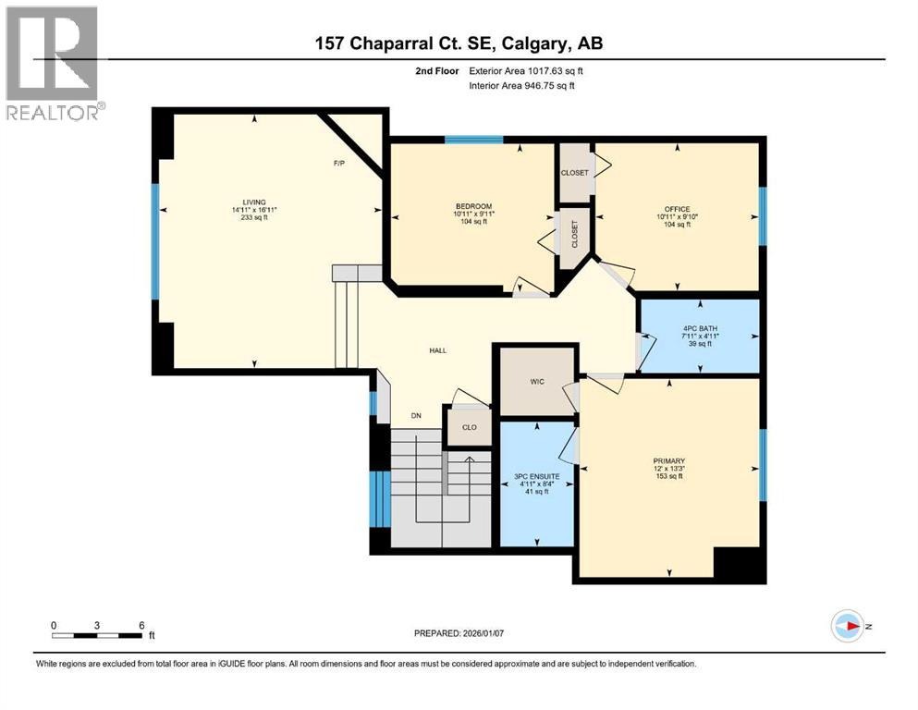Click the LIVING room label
pos(254,202)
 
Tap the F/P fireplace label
pos(339,164)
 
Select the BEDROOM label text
pos(473,206)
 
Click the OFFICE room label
pos(677,209)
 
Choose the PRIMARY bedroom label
pos(668,459)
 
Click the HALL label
pos(438,351)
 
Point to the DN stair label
pos(416,416)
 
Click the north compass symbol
pos(847,626)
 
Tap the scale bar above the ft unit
pos(97,635)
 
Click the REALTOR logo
pos(54,63)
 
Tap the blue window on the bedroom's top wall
pos(473,140)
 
